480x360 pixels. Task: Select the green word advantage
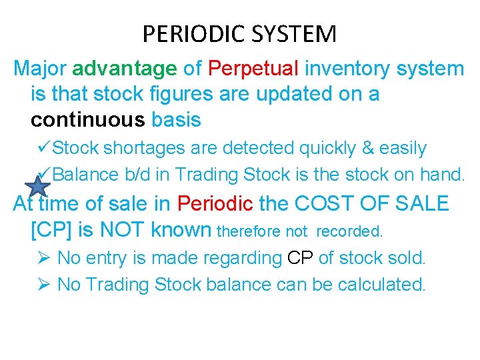(124, 68)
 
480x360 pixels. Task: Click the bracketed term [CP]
(53, 230)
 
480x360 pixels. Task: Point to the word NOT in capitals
(124, 230)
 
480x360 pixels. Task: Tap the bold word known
(181, 230)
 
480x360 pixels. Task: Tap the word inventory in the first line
(346, 68)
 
